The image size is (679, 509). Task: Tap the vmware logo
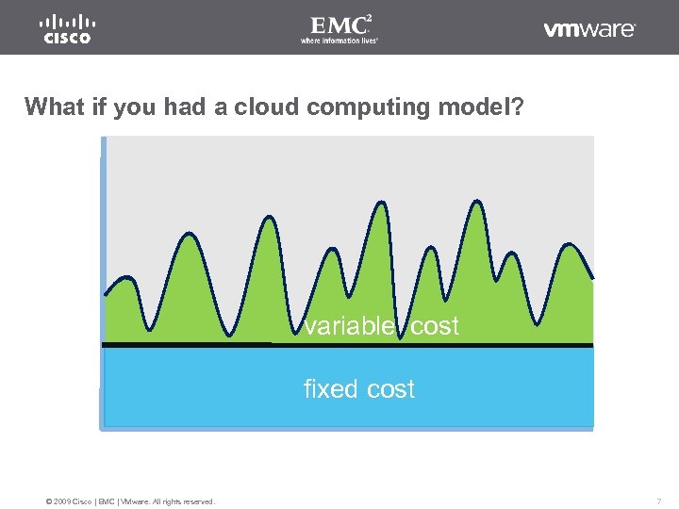(x=589, y=29)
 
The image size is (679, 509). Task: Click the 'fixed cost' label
(x=358, y=389)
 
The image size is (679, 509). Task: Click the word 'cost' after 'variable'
(x=435, y=326)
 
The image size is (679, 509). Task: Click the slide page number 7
(x=659, y=501)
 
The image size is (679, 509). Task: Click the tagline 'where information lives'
(x=339, y=41)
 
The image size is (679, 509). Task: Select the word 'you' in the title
(x=135, y=107)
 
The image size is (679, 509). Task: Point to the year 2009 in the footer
(x=63, y=501)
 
